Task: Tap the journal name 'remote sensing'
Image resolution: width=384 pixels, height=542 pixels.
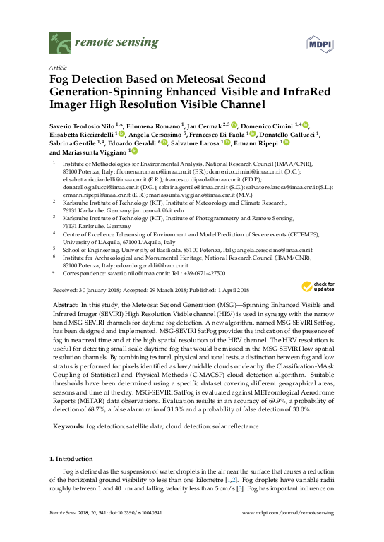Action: (x=108, y=43)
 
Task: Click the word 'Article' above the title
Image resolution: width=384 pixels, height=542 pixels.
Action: (x=56, y=68)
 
